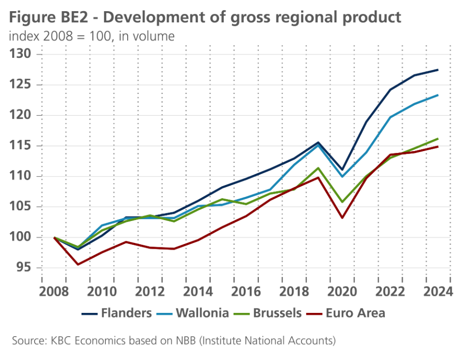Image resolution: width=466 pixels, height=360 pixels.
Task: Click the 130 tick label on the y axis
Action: (x=21, y=54)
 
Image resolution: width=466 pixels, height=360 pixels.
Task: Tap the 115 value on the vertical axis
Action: (x=21, y=146)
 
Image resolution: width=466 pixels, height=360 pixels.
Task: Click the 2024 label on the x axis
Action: (x=438, y=292)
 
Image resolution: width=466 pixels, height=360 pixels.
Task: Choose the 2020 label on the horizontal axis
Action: (x=343, y=292)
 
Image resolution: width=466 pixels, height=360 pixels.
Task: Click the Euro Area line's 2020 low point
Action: (x=342, y=217)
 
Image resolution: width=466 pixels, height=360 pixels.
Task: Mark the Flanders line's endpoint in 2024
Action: (x=438, y=70)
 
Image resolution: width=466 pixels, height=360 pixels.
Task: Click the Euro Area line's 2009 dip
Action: (x=78, y=264)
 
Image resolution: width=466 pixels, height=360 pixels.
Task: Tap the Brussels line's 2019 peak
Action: (x=318, y=168)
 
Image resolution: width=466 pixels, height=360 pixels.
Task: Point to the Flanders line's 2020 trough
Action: (x=342, y=170)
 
